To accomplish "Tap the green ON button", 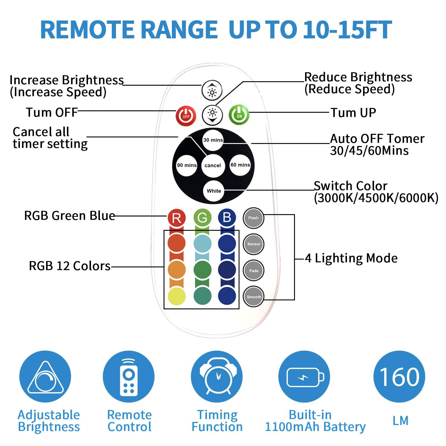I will coord(239,115).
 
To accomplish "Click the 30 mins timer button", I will coord(213,140).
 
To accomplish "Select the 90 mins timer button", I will coord(186,165).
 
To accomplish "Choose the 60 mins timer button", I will coord(240,165).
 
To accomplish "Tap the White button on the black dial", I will coord(214,191).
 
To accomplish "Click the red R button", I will coord(177,218).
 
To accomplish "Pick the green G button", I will coord(202,218).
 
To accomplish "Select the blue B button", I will coord(227,218).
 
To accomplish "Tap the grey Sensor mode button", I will coord(254,244).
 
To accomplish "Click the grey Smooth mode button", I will coord(254,297).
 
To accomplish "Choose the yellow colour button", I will coord(177,296).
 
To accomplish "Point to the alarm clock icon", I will coord(217,377).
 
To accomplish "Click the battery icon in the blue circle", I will coord(304,377).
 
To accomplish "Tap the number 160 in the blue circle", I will coord(399,377).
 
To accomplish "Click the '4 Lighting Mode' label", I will coord(351,258).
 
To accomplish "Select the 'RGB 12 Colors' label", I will coord(70,266).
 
